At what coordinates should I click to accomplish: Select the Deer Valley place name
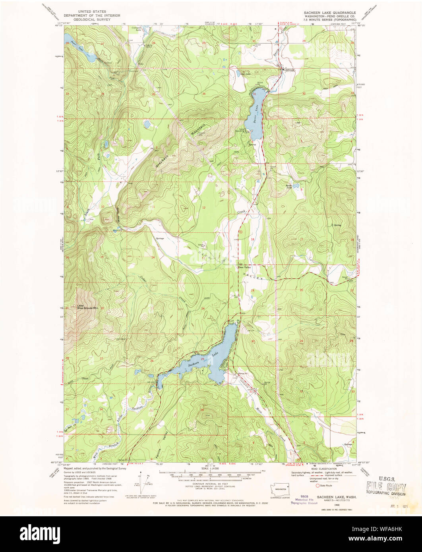[244, 267]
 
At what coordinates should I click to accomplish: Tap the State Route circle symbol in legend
[317, 485]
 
